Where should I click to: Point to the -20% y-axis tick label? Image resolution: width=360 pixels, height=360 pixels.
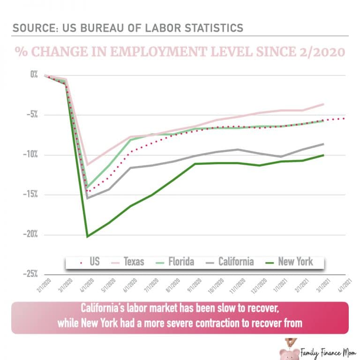tap(31, 234)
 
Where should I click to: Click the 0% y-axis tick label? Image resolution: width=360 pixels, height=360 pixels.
tap(34, 75)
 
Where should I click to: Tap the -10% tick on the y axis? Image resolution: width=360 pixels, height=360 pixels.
tap(31, 155)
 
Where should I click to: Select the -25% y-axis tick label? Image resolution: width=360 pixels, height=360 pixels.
tap(31, 274)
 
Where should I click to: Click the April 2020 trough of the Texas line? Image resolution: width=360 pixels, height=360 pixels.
tap(87, 165)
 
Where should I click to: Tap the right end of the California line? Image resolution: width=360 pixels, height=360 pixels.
tap(323, 144)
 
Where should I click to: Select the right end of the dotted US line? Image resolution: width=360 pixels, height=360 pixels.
tap(345, 118)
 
